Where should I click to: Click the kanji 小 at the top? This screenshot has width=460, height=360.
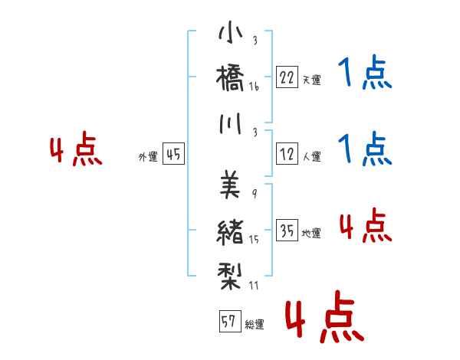pos(231,31)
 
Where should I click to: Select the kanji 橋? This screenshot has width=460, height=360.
pos(230,78)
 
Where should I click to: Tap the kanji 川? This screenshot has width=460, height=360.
pos(231,124)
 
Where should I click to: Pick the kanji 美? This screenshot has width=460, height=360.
pos(230,185)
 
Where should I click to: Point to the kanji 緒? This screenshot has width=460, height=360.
pos(230,231)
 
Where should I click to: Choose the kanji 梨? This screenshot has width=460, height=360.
pos(229,277)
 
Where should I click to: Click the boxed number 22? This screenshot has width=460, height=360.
pos(287,77)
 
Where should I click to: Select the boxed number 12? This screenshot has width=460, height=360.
pos(287,154)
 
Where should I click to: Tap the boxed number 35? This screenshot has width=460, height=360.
pos(287,230)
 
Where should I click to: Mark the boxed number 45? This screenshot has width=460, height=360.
pos(173,154)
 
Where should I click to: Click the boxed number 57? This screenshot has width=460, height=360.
pos(230,321)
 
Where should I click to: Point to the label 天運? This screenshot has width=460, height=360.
pos(312,80)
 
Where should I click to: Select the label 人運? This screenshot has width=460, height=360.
pos(312,156)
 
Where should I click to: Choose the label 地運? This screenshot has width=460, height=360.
pos(311,233)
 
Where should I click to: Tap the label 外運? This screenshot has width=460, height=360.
pos(148,157)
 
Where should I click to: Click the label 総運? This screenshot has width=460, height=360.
pos(255,324)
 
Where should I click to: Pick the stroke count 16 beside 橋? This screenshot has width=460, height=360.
pos(254,87)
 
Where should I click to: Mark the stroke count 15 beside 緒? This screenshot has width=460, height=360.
pos(254,240)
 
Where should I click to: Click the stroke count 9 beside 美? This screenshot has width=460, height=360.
pos(255,194)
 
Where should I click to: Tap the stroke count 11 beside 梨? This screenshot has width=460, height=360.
pos(254,285)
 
